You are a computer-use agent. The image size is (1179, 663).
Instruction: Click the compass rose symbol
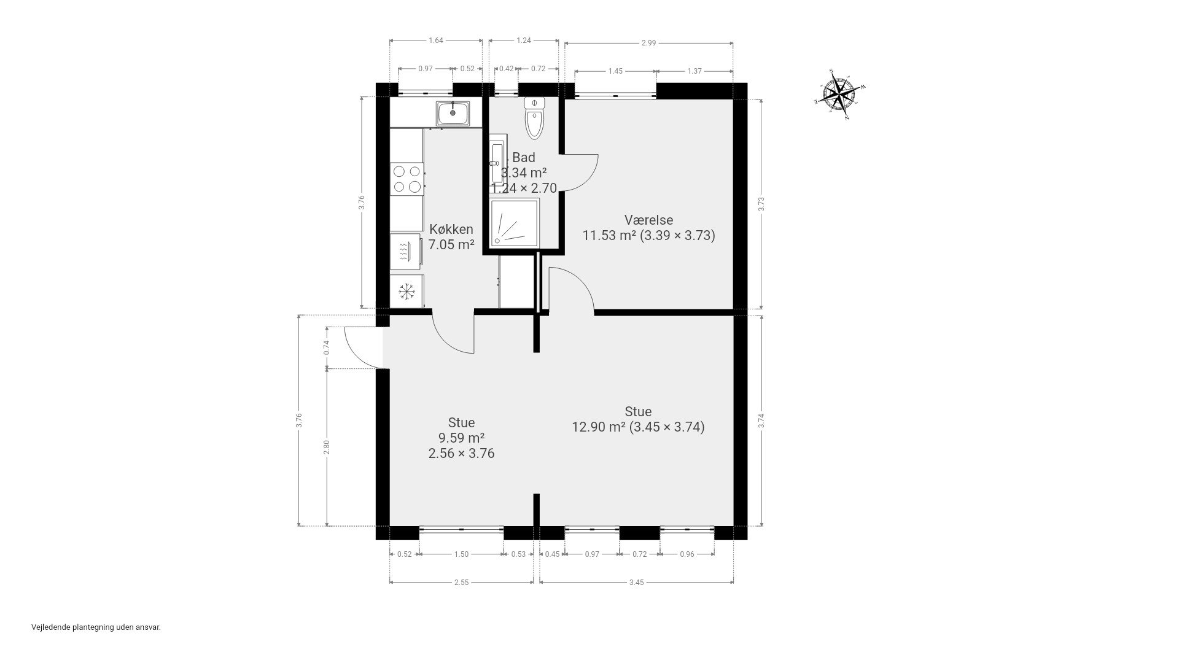(839, 95)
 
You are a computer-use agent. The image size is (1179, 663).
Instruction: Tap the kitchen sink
(453, 114)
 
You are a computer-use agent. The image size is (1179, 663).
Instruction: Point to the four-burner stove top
(407, 179)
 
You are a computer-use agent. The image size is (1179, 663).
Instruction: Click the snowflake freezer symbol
(407, 291)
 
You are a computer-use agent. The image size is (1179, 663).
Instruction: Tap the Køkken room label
(451, 230)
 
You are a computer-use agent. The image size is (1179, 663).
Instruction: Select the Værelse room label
(648, 220)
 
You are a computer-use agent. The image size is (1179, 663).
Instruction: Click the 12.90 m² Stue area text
(638, 427)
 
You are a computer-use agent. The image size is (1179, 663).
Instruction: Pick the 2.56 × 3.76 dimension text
(461, 454)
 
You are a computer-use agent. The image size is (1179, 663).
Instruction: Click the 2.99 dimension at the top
(648, 43)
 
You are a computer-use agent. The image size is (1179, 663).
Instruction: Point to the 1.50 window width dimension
(461, 554)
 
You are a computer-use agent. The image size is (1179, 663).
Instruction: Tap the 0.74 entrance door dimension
(327, 347)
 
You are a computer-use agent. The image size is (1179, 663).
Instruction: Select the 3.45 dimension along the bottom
(636, 582)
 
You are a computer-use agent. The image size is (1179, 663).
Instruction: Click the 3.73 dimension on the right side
(761, 204)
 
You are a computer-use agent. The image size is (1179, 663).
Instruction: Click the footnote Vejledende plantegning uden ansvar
(96, 627)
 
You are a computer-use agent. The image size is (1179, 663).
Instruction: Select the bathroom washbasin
(496, 163)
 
